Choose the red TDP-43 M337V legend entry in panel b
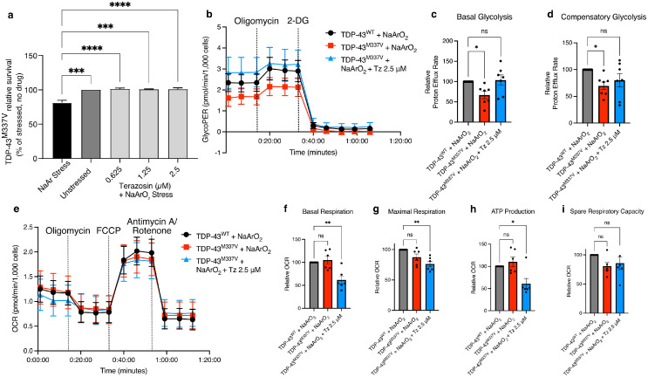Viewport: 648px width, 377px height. coord(375,45)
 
